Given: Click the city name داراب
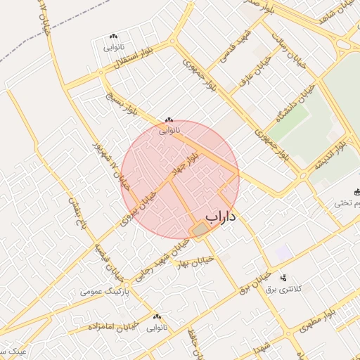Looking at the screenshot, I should (221, 217).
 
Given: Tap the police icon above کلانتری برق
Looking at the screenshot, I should (283, 278).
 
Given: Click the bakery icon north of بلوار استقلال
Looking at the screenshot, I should (114, 36).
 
